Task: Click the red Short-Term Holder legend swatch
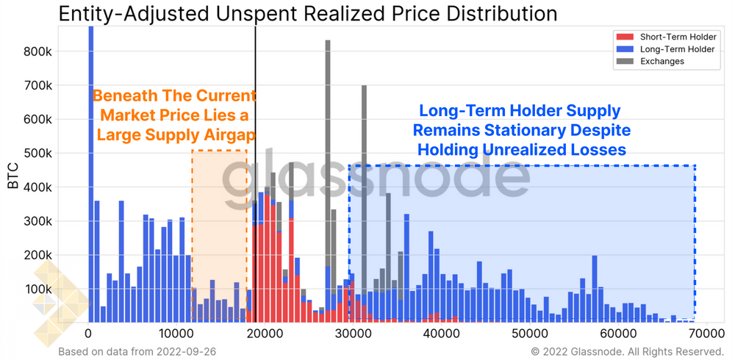point(624,36)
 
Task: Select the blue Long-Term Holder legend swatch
point(624,48)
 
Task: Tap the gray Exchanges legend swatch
point(624,61)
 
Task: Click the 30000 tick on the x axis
point(353,332)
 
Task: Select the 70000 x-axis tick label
point(706,332)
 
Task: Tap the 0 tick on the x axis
point(88,332)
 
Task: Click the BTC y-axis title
point(14,176)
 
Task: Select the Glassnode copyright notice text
point(628,351)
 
